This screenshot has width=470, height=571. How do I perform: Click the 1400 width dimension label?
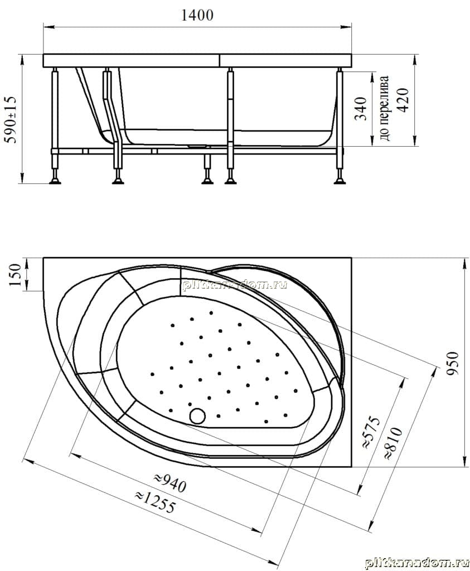tap(197, 15)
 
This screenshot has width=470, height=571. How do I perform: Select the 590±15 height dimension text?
tap(11, 120)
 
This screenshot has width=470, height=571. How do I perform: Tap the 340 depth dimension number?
tap(360, 108)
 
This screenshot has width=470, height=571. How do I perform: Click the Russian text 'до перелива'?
tap(385, 108)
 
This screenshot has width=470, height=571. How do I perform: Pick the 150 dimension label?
tap(15, 275)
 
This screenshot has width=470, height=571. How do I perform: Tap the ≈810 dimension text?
tap(394, 443)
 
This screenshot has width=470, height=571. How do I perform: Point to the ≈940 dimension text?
tap(170, 483)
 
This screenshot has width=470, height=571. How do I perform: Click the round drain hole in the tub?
tap(197, 415)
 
